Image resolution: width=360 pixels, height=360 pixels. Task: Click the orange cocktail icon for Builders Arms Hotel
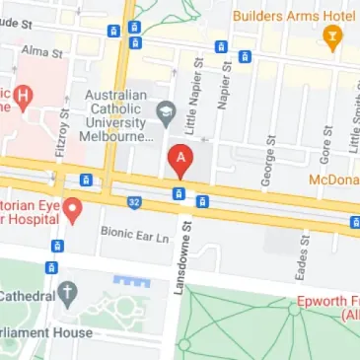click(331, 36)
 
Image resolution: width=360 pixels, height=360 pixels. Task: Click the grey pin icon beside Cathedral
click(67, 292)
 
